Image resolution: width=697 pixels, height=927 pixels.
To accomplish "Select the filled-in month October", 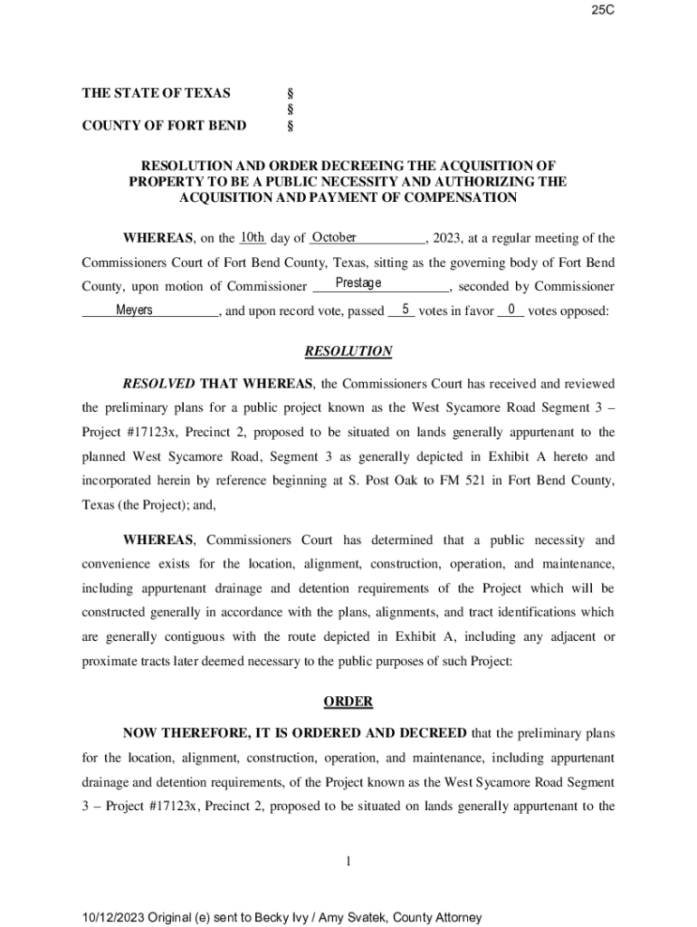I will [334, 238].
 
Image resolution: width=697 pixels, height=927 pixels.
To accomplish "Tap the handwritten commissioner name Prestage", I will [358, 284].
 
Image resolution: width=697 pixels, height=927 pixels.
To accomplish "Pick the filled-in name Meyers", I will [135, 311].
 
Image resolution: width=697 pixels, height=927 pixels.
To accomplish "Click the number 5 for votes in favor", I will [406, 310].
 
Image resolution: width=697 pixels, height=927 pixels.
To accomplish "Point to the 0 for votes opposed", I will [511, 310].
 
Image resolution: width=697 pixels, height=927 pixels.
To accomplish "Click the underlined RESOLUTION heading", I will [348, 351].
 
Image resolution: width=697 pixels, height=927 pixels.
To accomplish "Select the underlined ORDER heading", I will [348, 702].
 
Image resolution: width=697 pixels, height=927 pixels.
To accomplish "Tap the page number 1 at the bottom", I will [348, 861].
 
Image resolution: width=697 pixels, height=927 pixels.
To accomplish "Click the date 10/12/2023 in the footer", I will [116, 917].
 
